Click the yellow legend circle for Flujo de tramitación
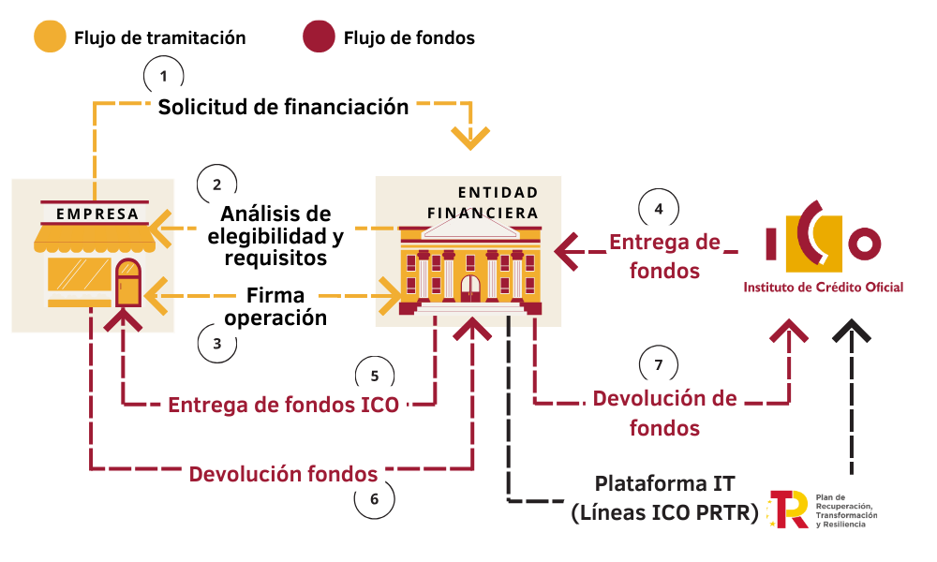click(51, 37)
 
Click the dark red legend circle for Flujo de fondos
click(320, 37)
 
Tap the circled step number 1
click(163, 76)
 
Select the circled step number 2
click(217, 185)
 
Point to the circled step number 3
click(217, 344)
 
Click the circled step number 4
click(659, 209)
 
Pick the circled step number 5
click(375, 376)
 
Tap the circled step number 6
click(374, 498)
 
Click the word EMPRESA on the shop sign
click(97, 214)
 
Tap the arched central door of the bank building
click(470, 288)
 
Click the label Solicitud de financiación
click(283, 107)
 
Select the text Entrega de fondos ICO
click(283, 405)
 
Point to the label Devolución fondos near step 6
click(283, 474)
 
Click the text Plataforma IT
click(664, 483)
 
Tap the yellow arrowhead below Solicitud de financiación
click(470, 138)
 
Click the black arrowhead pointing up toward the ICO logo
click(852, 331)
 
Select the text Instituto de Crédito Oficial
click(823, 288)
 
